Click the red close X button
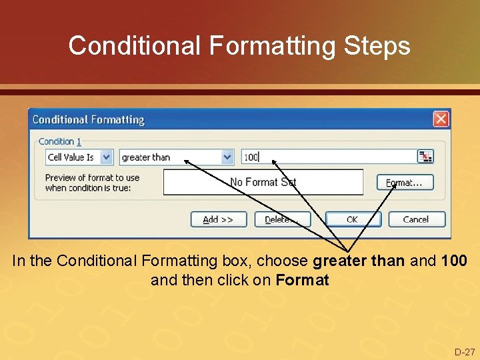pyautogui.click(x=441, y=119)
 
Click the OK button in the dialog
pyautogui.click(x=351, y=219)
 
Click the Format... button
pyautogui.click(x=405, y=182)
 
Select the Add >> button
pyautogui.click(x=218, y=219)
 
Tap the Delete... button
pyautogui.click(x=282, y=219)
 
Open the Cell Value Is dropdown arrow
pyautogui.click(x=107, y=157)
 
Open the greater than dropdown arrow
pyautogui.click(x=227, y=157)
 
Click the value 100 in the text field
pyautogui.click(x=251, y=157)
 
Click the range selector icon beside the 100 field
pyautogui.click(x=425, y=157)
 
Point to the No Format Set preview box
pyautogui.click(x=263, y=182)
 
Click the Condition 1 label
pyautogui.click(x=60, y=141)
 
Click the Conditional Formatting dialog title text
pyautogui.click(x=89, y=120)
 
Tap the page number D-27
pyautogui.click(x=465, y=352)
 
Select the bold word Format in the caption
pyautogui.click(x=302, y=280)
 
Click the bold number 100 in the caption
pyautogui.click(x=454, y=261)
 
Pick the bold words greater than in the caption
pyautogui.click(x=359, y=261)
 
